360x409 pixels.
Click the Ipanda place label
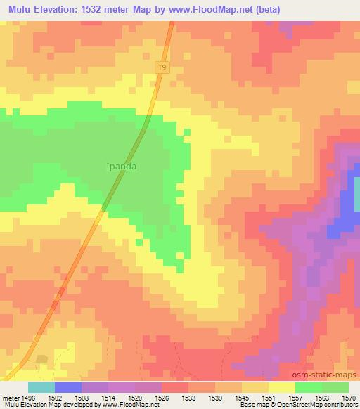pos(122,167)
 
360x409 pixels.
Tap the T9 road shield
pos(163,67)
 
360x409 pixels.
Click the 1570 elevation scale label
pos(349,397)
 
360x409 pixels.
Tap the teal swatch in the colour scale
pos(41,387)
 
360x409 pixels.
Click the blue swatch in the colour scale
pos(68,387)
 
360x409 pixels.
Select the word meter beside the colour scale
pos(12,397)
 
